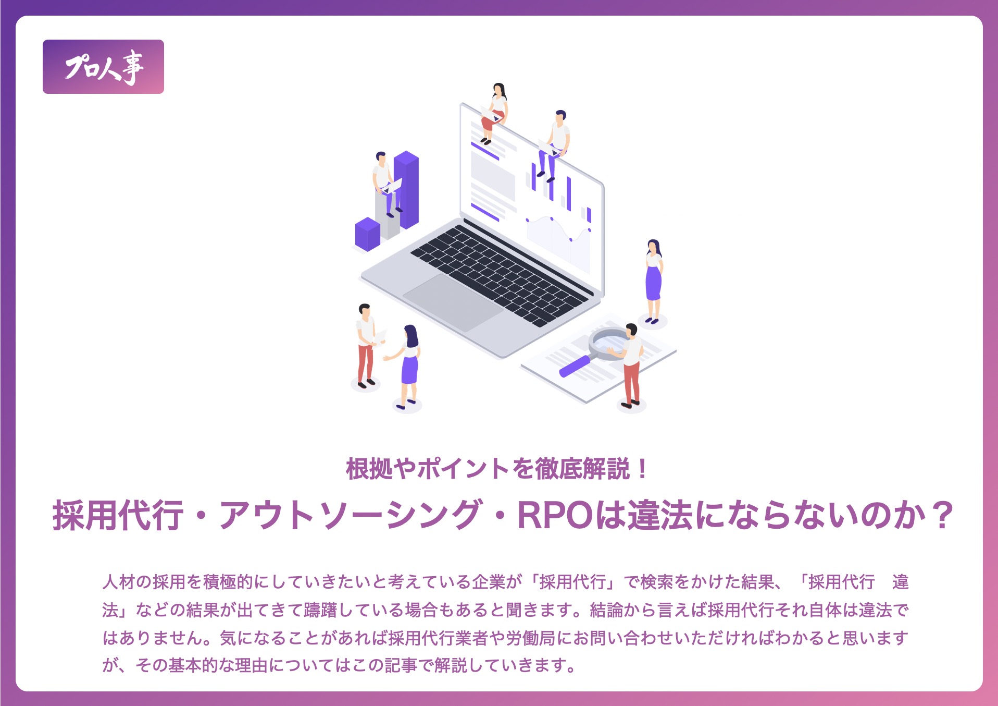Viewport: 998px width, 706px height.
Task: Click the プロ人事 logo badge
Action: [x=103, y=67]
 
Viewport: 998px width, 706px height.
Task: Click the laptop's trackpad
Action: [x=453, y=303]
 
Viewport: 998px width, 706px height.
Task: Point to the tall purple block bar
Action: [x=406, y=190]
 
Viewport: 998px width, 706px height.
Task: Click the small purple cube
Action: [x=368, y=235]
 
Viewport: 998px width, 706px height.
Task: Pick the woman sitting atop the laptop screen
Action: [x=495, y=113]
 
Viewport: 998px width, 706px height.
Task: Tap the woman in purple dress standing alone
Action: [x=653, y=282]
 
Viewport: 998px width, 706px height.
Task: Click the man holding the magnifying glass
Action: [x=631, y=365]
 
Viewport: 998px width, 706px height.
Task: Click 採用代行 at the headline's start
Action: [x=118, y=515]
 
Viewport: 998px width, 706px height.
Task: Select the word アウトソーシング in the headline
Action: [x=351, y=515]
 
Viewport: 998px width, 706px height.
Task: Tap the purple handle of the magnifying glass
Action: [x=575, y=366]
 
